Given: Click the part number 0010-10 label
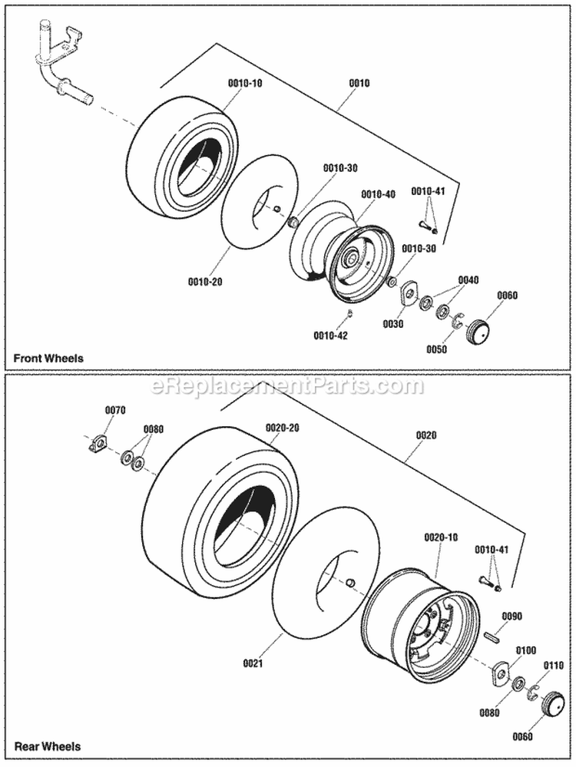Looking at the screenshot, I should (x=245, y=82).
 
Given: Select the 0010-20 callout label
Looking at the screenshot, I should (x=204, y=282).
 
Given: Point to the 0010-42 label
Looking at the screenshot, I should (x=331, y=335).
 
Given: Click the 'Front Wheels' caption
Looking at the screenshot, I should (x=48, y=358).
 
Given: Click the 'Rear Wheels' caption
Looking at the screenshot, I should (x=47, y=746).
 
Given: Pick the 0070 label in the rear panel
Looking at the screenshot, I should (x=114, y=411).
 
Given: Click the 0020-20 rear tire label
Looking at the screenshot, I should (x=283, y=427).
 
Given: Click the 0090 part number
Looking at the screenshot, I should (x=512, y=616).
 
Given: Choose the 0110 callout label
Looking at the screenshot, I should (x=553, y=665).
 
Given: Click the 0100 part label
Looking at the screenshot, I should (x=526, y=650).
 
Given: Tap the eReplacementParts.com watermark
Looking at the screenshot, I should (x=288, y=386).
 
